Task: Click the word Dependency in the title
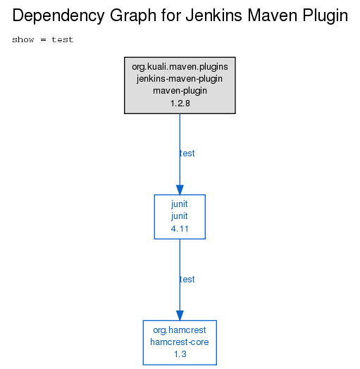(58, 16)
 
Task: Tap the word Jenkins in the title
(214, 15)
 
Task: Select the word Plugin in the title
(325, 16)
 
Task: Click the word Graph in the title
(133, 16)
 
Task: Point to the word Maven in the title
(273, 15)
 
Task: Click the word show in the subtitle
(23, 39)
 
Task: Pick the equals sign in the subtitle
(43, 39)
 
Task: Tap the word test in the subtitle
(63, 39)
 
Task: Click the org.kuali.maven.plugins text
(180, 67)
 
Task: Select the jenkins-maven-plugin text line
(180, 79)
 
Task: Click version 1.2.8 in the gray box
(180, 104)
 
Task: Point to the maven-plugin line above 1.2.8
(180, 91)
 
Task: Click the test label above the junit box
(187, 154)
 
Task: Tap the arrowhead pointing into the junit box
(180, 190)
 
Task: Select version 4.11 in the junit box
(180, 229)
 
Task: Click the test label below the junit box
(187, 280)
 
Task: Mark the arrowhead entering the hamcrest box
(180, 315)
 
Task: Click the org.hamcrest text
(180, 330)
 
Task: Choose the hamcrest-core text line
(180, 342)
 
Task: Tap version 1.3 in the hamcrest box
(180, 354)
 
